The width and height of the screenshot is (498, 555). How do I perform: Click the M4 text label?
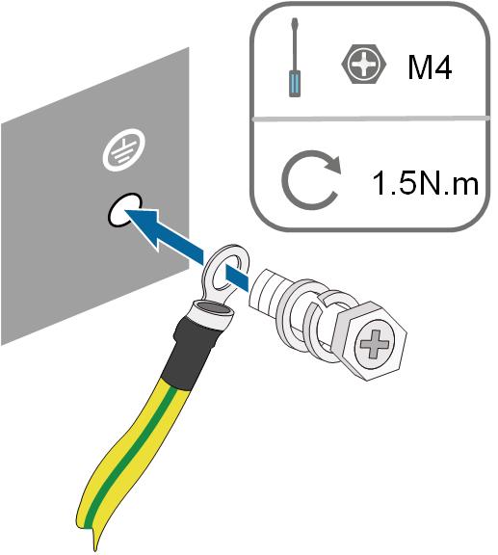tap(430, 67)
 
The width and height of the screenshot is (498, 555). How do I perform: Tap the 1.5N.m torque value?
tap(425, 183)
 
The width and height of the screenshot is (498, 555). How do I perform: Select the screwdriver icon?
tap(295, 58)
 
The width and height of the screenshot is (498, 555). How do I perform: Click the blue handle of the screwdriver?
tap(295, 84)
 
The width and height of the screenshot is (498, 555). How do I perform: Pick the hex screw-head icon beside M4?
tap(364, 64)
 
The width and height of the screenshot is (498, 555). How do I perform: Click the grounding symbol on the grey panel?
tap(124, 150)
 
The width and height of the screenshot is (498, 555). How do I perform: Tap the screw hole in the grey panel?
tap(124, 210)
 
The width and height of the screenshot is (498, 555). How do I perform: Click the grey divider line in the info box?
tap(370, 119)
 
